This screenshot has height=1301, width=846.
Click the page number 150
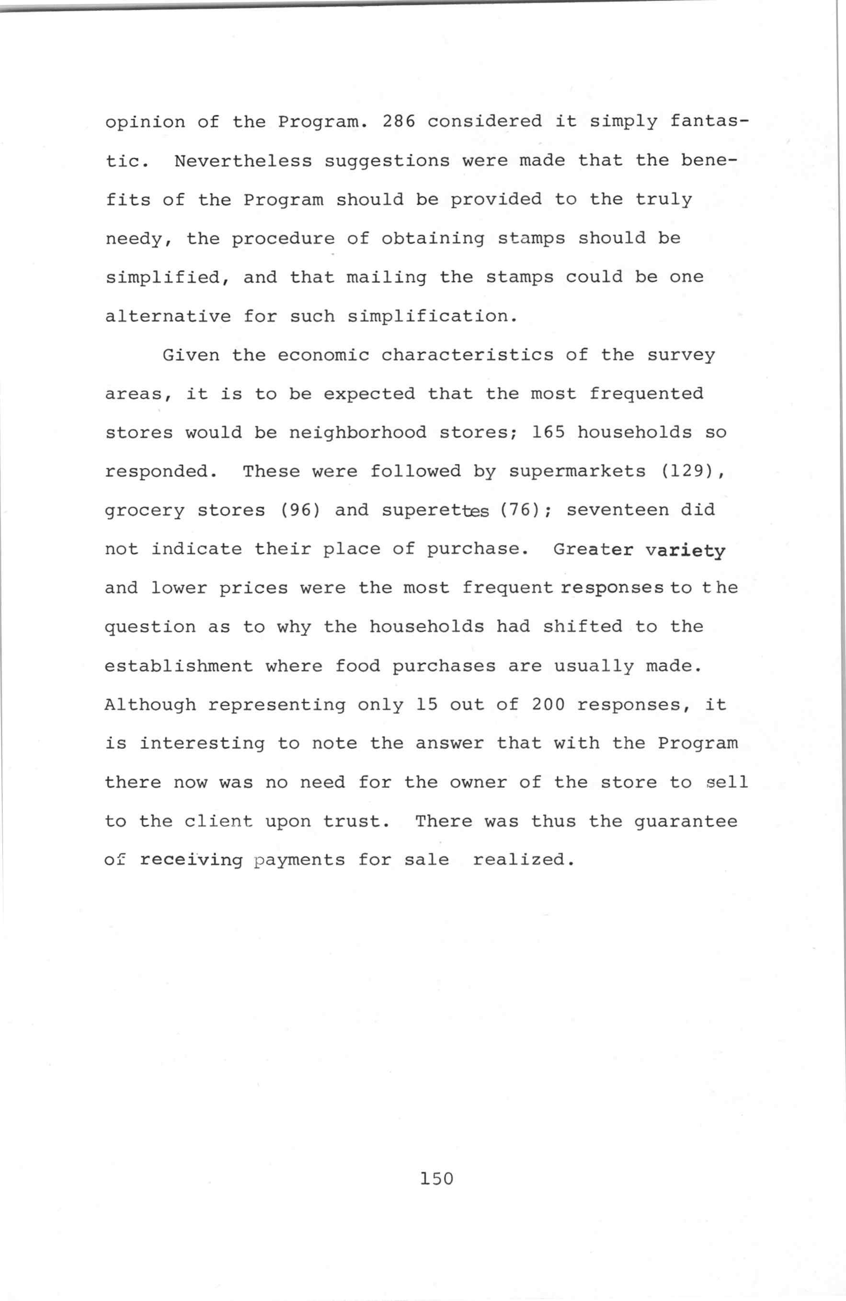point(437,1178)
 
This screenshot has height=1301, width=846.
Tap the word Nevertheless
point(243,161)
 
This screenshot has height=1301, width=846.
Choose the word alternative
point(168,316)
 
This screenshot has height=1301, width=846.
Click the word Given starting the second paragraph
point(191,355)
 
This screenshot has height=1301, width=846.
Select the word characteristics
point(467,355)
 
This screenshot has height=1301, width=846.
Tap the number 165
point(548,432)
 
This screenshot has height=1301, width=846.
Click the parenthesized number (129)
point(692,471)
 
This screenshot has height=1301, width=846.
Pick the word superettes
point(435,510)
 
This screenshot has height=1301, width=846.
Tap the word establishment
point(179,666)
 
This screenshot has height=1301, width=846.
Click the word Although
point(150,704)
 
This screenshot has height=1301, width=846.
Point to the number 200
point(548,704)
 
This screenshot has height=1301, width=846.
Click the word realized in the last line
point(523,860)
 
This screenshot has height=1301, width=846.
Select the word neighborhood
point(357,432)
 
